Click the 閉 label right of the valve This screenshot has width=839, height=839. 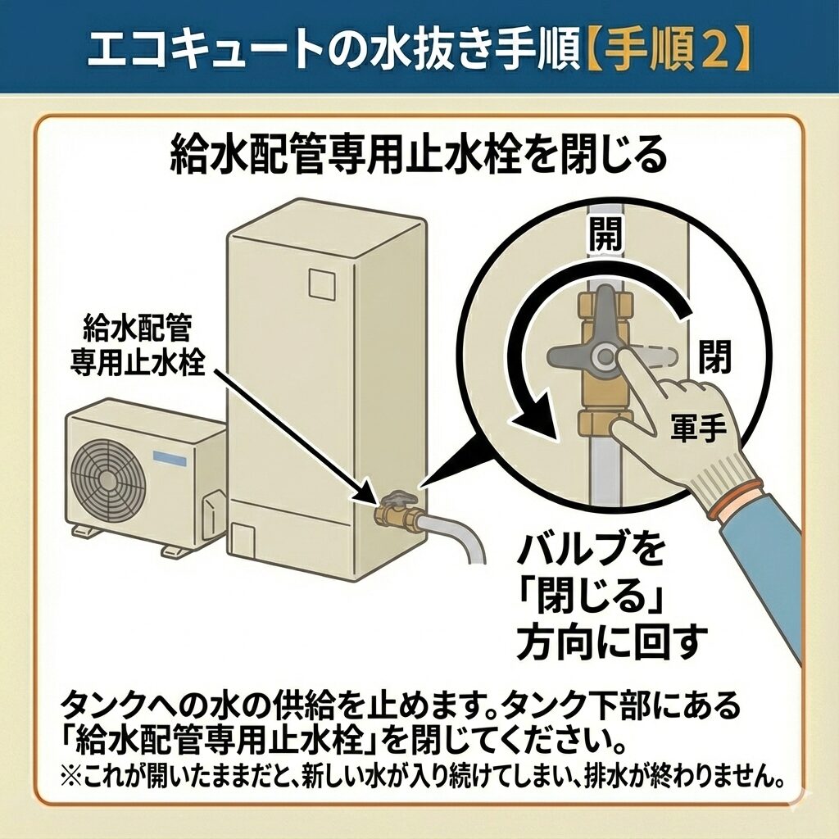pos(714,357)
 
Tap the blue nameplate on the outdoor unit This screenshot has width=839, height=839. pos(170,458)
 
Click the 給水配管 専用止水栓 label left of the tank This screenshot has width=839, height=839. pos(137,345)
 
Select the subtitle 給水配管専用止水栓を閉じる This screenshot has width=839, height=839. pos(419,156)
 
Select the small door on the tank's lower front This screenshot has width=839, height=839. pos(244,544)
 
